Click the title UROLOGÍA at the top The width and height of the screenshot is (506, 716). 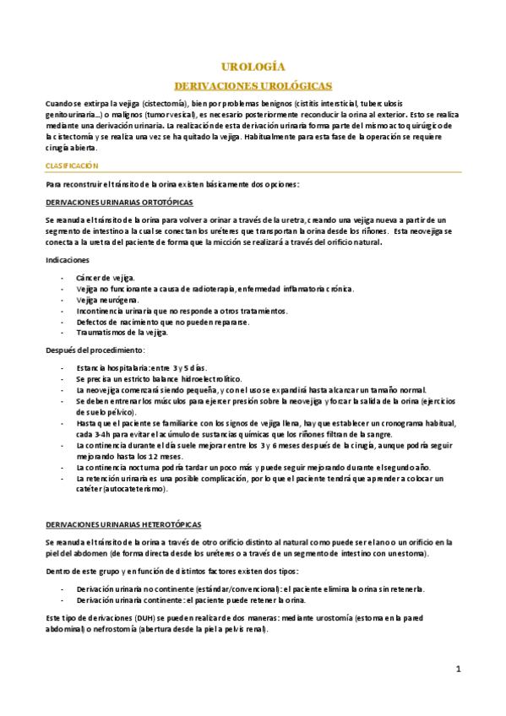[x=252, y=67]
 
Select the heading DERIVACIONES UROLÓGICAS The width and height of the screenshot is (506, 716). [x=252, y=86]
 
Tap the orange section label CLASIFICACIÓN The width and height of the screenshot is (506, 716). [x=72, y=166]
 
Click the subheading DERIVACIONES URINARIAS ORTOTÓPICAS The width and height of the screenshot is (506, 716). [x=119, y=203]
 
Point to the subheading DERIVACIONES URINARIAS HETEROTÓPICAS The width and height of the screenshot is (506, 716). [x=123, y=524]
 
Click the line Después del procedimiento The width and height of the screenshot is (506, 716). [x=95, y=350]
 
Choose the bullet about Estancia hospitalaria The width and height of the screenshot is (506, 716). [x=140, y=368]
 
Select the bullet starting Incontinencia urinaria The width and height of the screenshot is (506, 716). [x=181, y=311]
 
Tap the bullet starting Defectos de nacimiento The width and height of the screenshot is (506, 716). [x=162, y=322]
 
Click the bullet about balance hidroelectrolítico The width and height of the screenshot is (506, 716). [x=158, y=379]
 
